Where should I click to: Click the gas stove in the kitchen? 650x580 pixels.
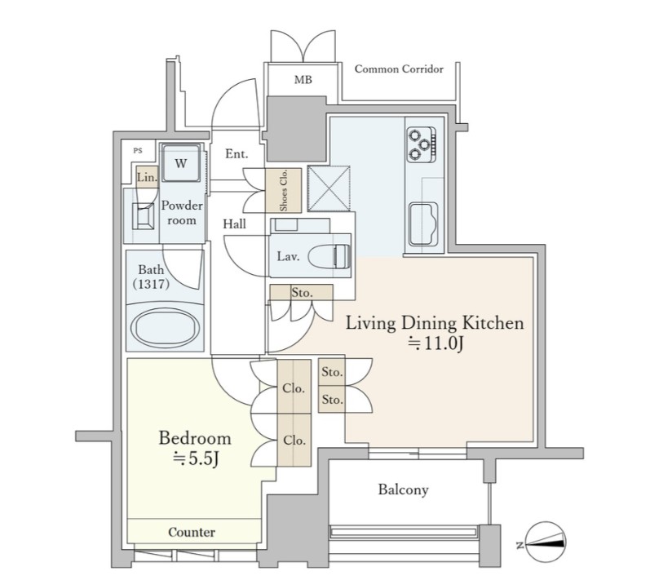[421, 144]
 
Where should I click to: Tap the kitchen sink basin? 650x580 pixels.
[423, 224]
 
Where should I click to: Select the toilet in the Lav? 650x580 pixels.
[329, 256]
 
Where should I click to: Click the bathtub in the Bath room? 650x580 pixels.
[165, 328]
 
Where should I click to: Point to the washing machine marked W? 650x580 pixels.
[181, 162]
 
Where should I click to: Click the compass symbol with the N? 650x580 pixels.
[544, 542]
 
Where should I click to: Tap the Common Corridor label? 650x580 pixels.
[399, 69]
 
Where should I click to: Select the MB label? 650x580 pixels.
[303, 80]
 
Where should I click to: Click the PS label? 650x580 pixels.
[138, 150]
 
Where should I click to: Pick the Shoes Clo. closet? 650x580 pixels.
[284, 190]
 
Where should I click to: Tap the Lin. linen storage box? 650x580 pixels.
[147, 177]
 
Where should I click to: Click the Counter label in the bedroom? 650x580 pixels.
[192, 532]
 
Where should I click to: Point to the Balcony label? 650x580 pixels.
[403, 489]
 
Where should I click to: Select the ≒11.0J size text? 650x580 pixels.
[436, 343]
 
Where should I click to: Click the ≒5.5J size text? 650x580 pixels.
[196, 458]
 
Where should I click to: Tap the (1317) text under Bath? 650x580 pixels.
[151, 284]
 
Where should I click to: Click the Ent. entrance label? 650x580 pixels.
[237, 154]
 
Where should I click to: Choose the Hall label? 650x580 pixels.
[234, 224]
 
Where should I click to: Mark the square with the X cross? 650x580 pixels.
[329, 188]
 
